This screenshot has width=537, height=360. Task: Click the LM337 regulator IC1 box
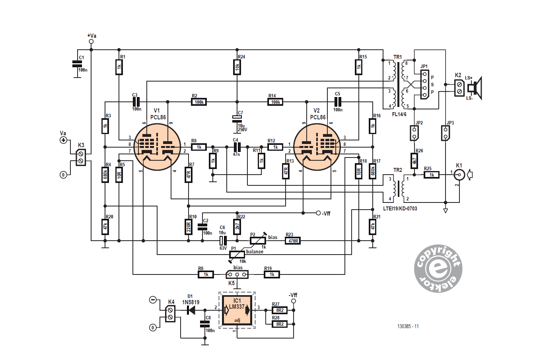click(x=237, y=310)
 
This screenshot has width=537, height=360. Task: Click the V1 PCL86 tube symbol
click(x=158, y=147)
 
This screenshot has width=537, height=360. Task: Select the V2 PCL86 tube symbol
click(x=317, y=147)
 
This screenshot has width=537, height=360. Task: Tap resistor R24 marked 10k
click(x=237, y=67)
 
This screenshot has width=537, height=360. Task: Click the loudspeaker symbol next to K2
click(x=475, y=88)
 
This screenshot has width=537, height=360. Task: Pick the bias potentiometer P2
click(x=258, y=240)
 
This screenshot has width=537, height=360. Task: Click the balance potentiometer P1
click(x=237, y=255)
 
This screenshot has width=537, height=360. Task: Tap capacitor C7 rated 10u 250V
click(x=237, y=119)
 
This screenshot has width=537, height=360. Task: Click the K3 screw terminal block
click(x=81, y=157)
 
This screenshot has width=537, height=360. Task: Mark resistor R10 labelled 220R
click(x=189, y=226)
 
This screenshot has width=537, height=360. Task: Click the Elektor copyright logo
click(x=438, y=269)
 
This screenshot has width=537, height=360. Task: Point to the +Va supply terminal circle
click(x=91, y=41)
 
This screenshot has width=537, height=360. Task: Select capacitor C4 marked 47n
click(x=236, y=147)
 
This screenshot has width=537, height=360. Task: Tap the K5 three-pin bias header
click(x=237, y=274)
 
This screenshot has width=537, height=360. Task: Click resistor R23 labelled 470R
click(x=293, y=240)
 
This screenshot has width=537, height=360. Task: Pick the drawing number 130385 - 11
click(x=408, y=326)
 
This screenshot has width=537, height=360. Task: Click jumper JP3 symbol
click(x=446, y=133)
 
